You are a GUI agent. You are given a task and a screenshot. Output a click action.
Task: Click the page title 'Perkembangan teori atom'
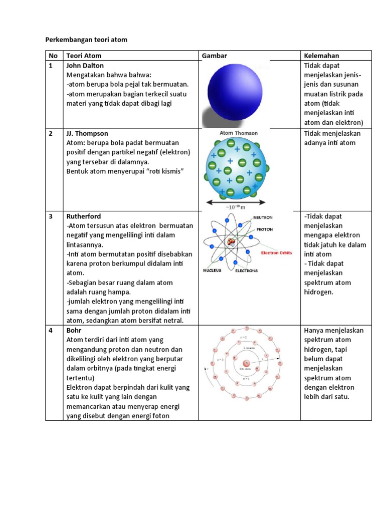(86, 40)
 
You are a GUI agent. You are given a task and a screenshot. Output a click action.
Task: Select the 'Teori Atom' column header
(83, 56)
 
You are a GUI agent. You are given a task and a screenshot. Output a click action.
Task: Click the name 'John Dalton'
(85, 65)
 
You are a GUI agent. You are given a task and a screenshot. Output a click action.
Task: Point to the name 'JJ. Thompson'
(87, 133)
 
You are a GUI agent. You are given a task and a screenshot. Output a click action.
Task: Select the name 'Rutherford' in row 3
(83, 216)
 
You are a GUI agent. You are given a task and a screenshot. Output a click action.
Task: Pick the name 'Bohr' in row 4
(74, 331)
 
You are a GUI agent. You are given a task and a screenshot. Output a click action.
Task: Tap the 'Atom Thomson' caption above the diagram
(239, 133)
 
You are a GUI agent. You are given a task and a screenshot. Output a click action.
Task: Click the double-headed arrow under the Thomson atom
(236, 202)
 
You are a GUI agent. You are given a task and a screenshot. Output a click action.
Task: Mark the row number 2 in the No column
(50, 133)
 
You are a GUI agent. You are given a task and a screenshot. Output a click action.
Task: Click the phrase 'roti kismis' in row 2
(164, 171)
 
